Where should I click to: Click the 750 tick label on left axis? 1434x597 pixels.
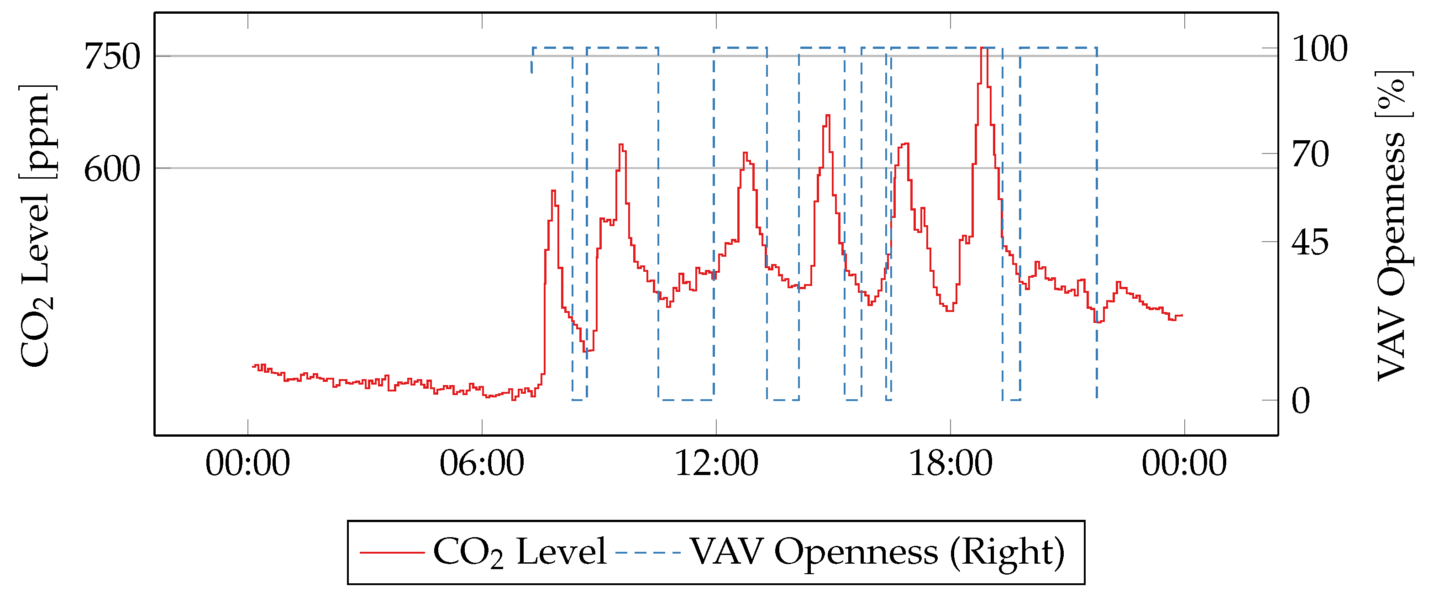coord(112,57)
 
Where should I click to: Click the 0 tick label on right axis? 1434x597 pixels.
coord(1301,401)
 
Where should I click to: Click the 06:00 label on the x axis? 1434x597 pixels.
coord(482,463)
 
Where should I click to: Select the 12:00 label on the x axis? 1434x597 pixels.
coord(716,463)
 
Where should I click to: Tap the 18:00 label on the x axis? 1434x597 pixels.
coord(950,463)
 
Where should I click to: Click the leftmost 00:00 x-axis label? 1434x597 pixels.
coord(248,463)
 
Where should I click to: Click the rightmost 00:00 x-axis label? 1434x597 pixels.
coord(1184,463)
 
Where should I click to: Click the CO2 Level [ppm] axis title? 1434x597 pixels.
coord(36,226)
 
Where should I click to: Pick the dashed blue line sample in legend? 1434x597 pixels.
coord(648,552)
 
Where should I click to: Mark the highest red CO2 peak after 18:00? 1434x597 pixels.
coord(984,48)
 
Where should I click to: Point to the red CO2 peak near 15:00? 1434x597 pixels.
coord(828,116)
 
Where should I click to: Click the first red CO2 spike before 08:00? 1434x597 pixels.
coord(553,191)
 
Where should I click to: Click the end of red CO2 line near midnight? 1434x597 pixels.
coord(1181,315)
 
